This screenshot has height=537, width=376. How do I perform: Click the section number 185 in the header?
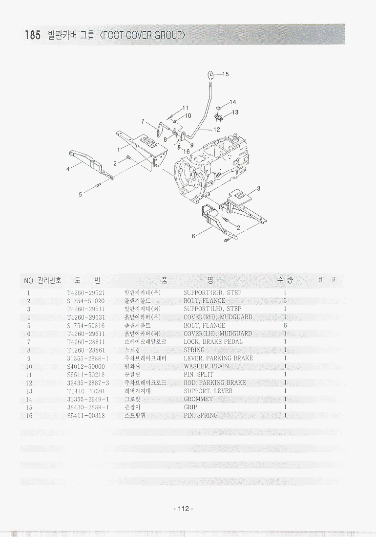click(x=32, y=35)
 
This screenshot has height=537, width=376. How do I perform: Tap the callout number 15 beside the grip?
click(x=225, y=74)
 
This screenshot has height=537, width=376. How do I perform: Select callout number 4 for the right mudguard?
click(x=68, y=169)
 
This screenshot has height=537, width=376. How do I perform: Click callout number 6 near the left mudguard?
click(x=193, y=236)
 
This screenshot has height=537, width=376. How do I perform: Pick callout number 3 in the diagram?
click(x=258, y=188)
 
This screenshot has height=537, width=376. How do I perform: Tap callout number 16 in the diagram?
click(x=187, y=152)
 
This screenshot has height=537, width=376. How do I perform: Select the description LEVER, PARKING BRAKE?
click(x=218, y=358)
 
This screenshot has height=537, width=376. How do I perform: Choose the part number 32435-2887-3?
click(x=88, y=382)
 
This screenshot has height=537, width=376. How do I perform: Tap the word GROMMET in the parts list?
click(x=198, y=399)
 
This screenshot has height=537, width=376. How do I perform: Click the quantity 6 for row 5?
click(x=285, y=325)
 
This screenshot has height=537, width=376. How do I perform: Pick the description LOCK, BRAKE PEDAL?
click(x=213, y=342)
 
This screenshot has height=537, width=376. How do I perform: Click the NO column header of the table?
click(x=28, y=280)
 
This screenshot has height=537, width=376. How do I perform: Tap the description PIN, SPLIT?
click(x=198, y=375)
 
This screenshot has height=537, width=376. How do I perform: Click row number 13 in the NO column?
click(x=29, y=391)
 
